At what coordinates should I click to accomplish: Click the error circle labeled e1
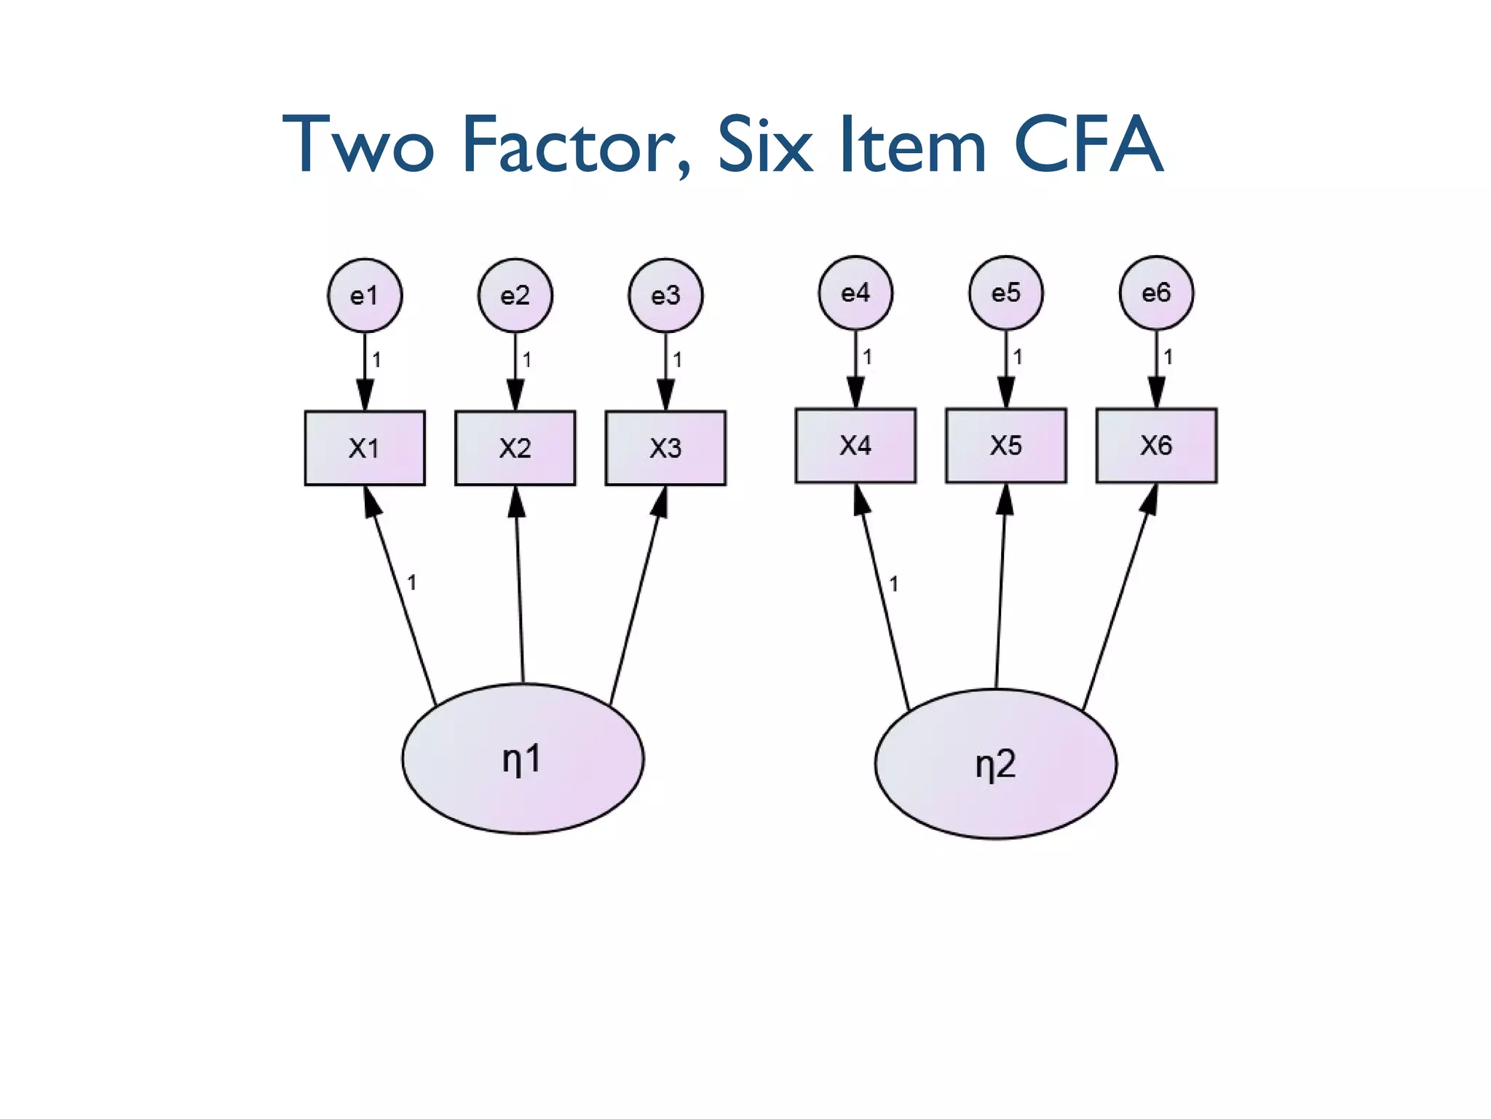pos(365,296)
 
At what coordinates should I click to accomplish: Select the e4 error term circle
pos(855,293)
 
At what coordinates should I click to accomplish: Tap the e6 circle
pos(1156,293)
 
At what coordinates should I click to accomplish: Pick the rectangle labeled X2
pos(515,448)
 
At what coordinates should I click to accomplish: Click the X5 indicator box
pos(1006,445)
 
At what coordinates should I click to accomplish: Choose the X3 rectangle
pos(665,448)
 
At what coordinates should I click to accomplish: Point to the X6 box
pos(1156,445)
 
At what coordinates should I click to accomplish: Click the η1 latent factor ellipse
pos(523,758)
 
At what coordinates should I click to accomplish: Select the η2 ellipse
pos(995,763)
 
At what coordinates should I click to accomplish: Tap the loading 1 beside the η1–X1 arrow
pos(411,583)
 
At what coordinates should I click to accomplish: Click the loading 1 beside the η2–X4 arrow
pos(893,584)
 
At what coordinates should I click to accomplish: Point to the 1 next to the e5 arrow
pos(1018,357)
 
